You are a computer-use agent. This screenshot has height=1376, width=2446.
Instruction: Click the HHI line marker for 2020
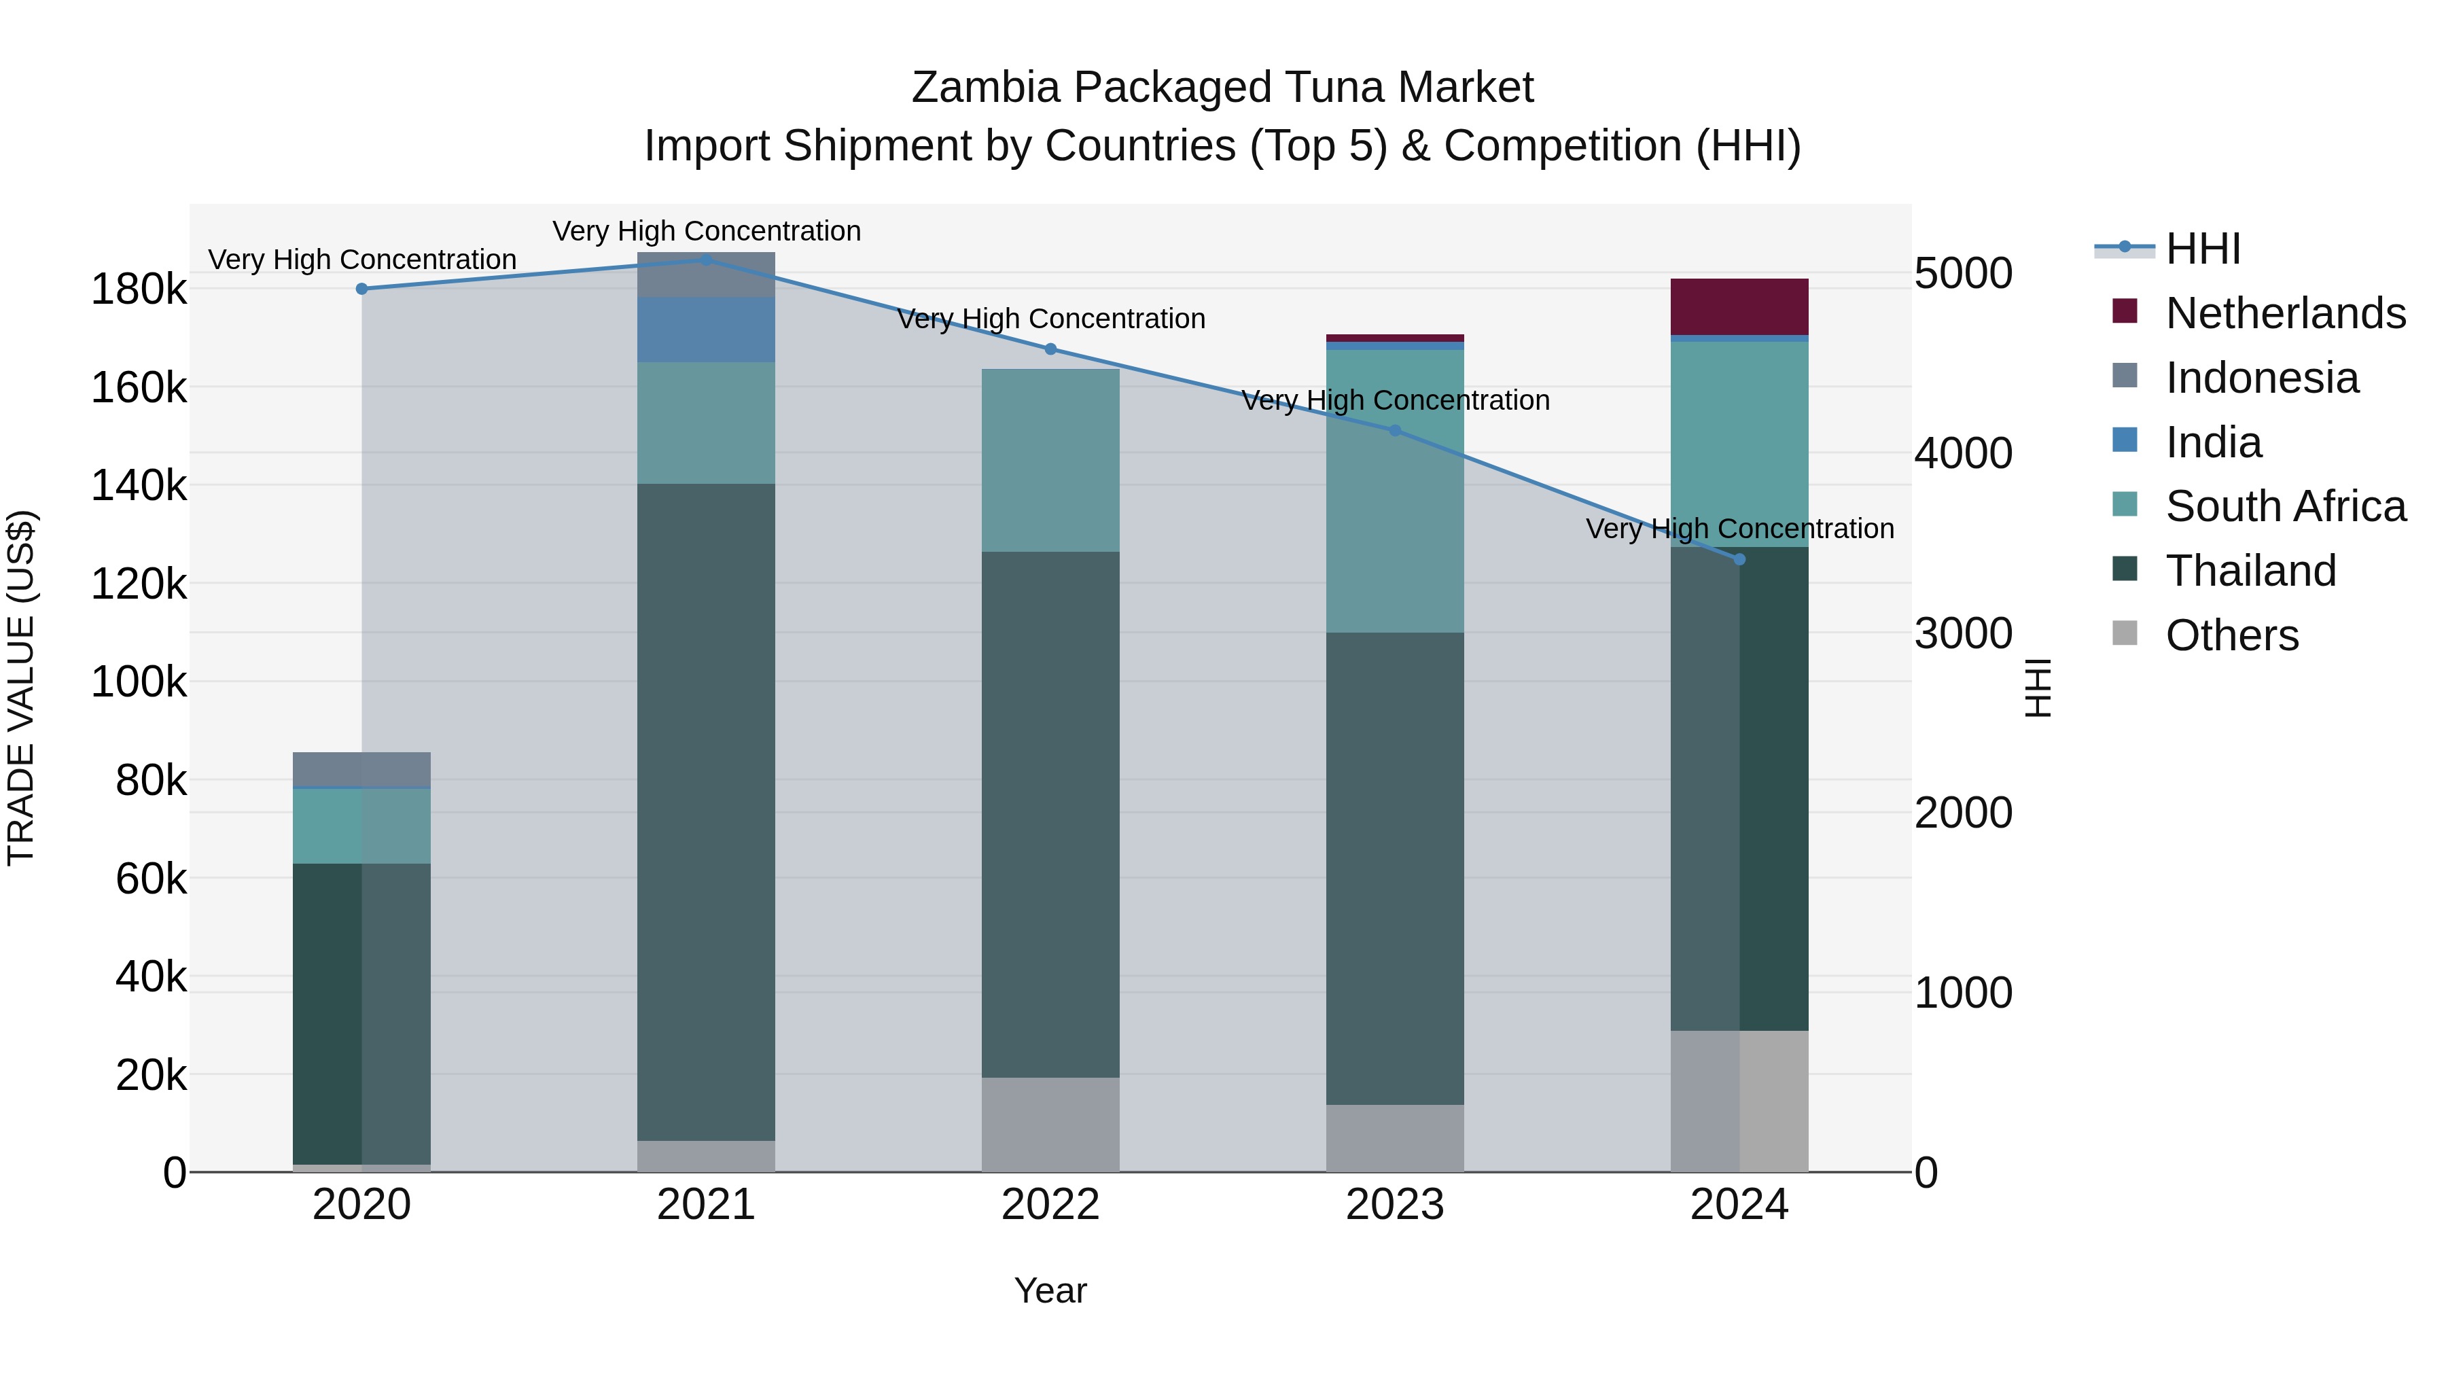click(361, 289)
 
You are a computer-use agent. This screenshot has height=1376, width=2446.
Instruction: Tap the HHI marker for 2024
click(1739, 559)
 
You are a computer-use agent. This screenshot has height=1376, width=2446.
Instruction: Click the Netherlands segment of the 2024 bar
click(1739, 306)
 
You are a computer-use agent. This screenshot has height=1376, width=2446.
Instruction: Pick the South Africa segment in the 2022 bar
click(1050, 461)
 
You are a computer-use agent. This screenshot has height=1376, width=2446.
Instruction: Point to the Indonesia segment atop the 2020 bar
click(361, 769)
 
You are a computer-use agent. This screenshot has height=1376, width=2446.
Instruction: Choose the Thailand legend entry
click(2250, 571)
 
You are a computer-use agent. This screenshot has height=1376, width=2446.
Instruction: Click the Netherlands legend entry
click(2284, 313)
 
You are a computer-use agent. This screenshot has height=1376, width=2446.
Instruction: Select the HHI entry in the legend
click(2202, 249)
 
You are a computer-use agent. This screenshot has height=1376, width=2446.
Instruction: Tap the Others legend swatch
click(2125, 633)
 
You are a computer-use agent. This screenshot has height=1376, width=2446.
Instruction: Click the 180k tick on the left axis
click(139, 289)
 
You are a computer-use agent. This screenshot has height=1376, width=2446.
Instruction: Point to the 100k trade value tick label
click(139, 682)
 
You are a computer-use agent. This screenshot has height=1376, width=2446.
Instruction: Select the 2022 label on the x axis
click(1050, 1205)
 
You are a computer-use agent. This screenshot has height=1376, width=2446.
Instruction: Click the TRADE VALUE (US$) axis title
click(21, 688)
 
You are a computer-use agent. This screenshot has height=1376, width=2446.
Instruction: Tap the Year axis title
click(1050, 1290)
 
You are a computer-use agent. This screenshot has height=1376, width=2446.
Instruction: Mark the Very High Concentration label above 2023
click(1395, 401)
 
